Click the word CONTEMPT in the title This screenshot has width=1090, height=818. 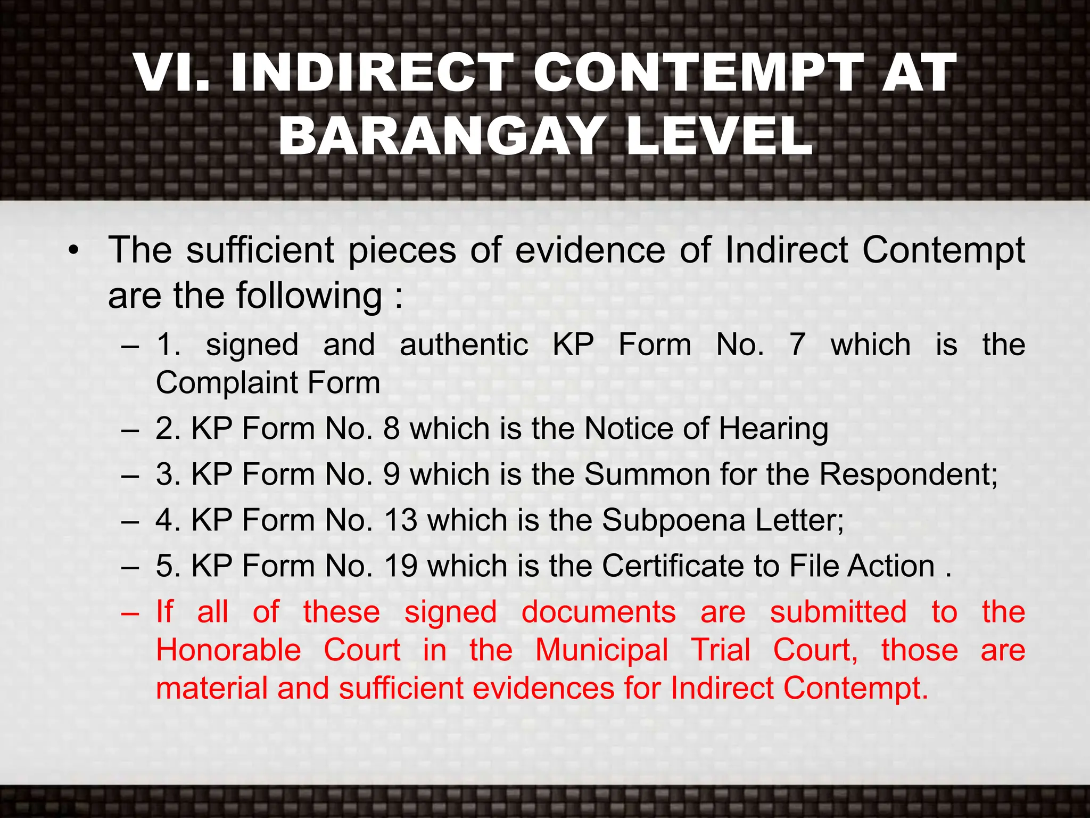[x=698, y=73]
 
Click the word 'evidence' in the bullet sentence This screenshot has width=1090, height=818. [x=590, y=250]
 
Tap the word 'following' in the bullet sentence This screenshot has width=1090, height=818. [x=309, y=296]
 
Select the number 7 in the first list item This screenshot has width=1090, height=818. [x=797, y=345]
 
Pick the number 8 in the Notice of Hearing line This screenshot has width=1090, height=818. [x=391, y=429]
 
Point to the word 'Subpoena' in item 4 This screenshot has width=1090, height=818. [x=673, y=521]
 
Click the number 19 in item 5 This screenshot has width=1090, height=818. [x=401, y=566]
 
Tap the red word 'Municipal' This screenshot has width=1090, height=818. [x=601, y=651]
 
